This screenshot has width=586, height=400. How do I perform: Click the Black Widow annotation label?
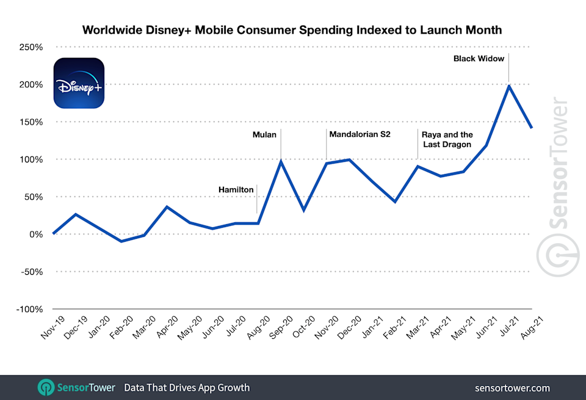pyautogui.click(x=479, y=59)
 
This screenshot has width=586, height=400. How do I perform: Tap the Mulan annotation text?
pyautogui.click(x=265, y=134)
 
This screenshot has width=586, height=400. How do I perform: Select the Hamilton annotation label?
pyautogui.click(x=236, y=190)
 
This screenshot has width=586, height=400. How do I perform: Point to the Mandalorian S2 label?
pyautogui.click(x=360, y=133)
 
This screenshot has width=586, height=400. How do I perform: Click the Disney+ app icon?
pyautogui.click(x=79, y=83)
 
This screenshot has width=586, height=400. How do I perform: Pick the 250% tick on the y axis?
pyautogui.click(x=29, y=47)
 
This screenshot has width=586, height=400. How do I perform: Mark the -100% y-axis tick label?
pyautogui.click(x=27, y=309)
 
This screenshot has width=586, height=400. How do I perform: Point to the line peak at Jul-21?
pyautogui.click(x=509, y=85)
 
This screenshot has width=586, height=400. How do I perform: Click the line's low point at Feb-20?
pyautogui.click(x=121, y=241)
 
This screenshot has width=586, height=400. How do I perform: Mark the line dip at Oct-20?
pyautogui.click(x=303, y=210)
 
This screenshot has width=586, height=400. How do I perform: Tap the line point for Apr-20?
pyautogui.click(x=167, y=206)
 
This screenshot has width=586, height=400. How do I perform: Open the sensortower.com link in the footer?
pyautogui.click(x=512, y=388)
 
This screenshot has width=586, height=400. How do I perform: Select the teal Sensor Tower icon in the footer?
pyautogui.click(x=47, y=388)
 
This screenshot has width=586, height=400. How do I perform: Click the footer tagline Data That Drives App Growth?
pyautogui.click(x=186, y=388)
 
